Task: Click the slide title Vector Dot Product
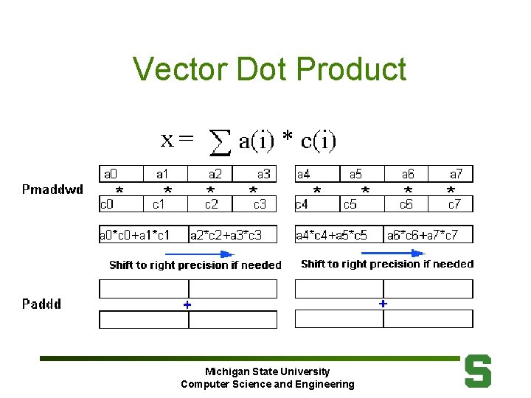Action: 269,69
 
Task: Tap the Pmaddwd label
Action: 52,189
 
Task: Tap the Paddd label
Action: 41,304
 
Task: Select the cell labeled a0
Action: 120,175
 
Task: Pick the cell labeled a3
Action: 255,175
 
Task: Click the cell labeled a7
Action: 451,175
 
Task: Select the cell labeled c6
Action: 406,203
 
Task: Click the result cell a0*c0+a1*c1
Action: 143,235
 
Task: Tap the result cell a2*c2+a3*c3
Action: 233,235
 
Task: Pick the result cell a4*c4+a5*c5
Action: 339,235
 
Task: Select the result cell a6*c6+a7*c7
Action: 428,235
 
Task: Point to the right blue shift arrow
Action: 391,252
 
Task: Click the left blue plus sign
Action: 187,304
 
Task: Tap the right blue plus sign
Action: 383,303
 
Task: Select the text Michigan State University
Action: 267,371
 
